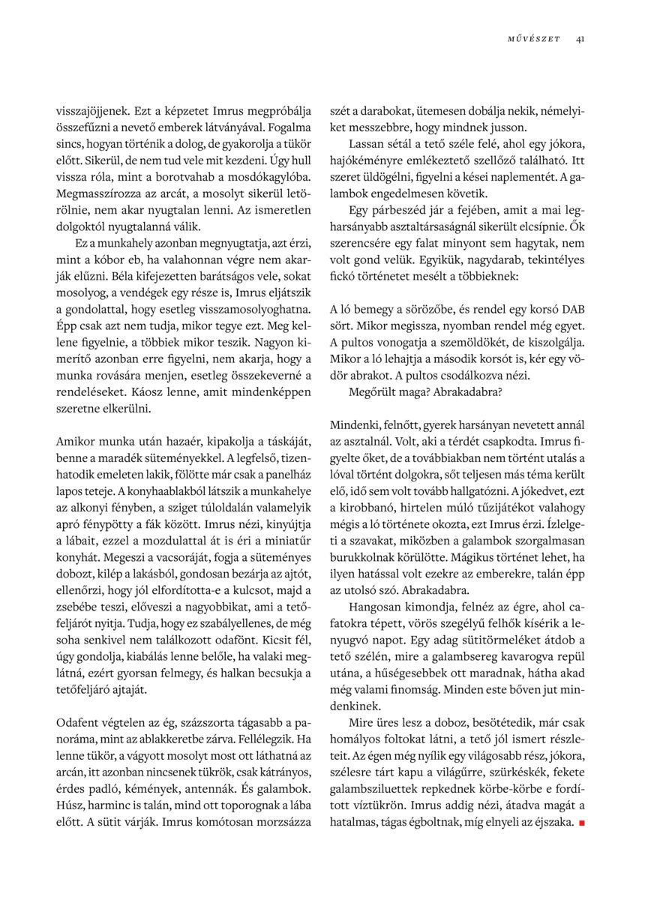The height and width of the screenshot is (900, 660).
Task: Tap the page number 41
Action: [x=580, y=40]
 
